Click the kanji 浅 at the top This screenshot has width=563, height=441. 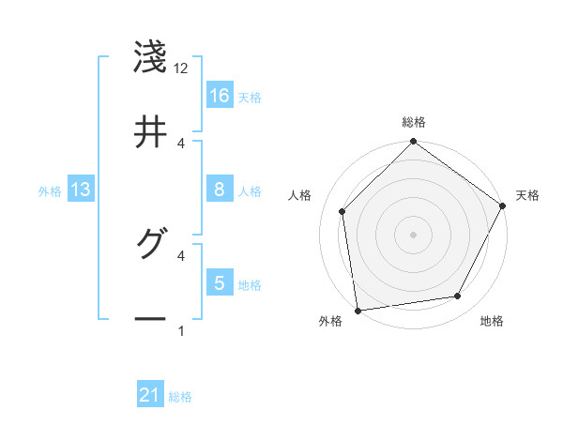(x=150, y=57)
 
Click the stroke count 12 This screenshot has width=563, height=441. (x=181, y=68)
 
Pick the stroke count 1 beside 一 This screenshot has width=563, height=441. (x=181, y=330)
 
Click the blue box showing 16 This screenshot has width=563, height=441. (x=220, y=96)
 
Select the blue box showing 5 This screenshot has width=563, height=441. (x=220, y=283)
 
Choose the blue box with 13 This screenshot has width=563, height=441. (x=81, y=190)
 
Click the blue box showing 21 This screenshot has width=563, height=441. (x=150, y=396)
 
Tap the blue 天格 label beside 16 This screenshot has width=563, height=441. (x=250, y=97)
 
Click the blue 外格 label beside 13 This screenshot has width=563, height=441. (x=50, y=191)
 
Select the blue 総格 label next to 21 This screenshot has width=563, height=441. (x=180, y=397)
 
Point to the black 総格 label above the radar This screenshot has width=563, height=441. (x=414, y=122)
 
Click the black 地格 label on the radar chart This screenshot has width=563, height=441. (x=492, y=321)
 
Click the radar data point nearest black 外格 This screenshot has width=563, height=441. (x=358, y=310)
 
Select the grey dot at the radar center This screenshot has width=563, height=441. (x=413, y=234)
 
